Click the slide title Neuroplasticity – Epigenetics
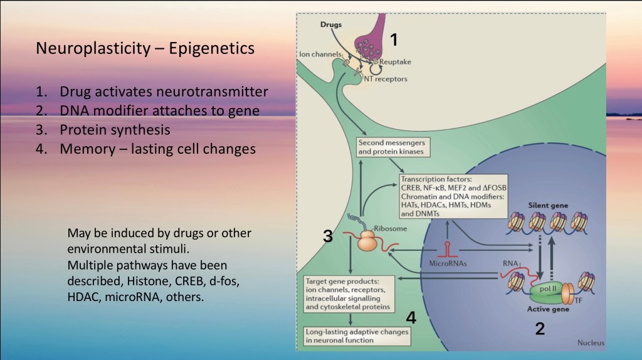click(x=145, y=48)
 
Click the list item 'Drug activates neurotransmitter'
click(x=164, y=92)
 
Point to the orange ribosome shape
click(x=371, y=240)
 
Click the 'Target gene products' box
click(x=350, y=294)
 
